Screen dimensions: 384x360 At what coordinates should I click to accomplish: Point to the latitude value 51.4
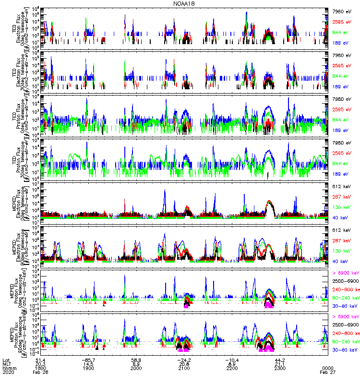point(40,360)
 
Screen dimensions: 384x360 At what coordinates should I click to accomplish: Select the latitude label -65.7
point(88,360)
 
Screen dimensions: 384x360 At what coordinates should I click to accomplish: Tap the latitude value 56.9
point(136,360)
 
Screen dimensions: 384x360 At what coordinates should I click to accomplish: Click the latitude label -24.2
point(184,360)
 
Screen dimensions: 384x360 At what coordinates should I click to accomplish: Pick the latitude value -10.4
point(232,360)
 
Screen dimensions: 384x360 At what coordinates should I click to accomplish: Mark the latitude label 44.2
point(280,360)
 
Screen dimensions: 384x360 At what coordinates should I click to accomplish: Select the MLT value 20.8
point(184,364)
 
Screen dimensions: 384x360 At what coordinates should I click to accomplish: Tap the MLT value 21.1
point(280,364)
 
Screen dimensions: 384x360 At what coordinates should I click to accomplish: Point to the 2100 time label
point(184,368)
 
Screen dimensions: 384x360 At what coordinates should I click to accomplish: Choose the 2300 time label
point(280,368)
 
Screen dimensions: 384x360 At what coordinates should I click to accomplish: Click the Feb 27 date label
point(328,372)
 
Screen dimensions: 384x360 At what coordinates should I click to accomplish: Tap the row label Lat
point(6,360)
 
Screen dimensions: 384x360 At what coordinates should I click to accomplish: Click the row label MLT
point(6,364)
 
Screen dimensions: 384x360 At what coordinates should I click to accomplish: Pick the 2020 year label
point(8,372)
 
